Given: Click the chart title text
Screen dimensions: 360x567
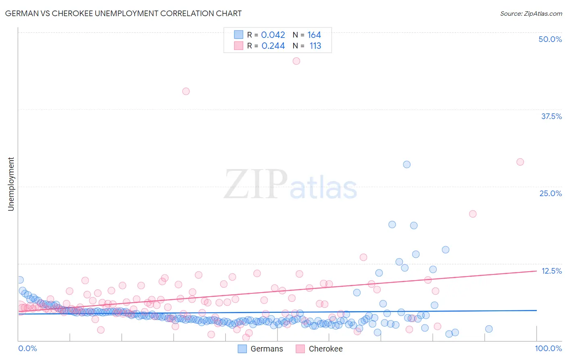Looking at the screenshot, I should coord(123,13).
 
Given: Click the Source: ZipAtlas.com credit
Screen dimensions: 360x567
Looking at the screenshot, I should coord(531,13).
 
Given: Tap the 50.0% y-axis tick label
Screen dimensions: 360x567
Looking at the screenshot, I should coord(550,39).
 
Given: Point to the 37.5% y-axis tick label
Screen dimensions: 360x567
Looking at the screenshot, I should coord(551,116).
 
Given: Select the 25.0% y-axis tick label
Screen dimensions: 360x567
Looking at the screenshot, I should coord(550,193).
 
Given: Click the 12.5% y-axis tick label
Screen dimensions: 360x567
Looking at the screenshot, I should coord(551,271).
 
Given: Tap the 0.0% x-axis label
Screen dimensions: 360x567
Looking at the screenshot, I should coord(27,348).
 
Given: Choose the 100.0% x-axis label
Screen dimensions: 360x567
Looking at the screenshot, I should coord(548,348).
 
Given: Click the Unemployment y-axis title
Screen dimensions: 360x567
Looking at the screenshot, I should coord(11,184).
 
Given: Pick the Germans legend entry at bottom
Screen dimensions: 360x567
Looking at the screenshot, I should coord(261,349).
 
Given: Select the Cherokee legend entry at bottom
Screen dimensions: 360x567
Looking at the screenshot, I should coord(319,349).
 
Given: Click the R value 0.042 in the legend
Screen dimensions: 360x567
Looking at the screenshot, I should coord(273,35).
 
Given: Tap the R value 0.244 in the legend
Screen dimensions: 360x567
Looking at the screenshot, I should coord(273,46).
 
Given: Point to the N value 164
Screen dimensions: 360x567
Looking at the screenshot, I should coord(314,35).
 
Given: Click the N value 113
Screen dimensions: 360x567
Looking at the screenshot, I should coord(315,46).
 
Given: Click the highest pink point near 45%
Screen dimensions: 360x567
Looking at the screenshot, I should coord(296,61).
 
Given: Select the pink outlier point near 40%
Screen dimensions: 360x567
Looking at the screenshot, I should coord(186,91).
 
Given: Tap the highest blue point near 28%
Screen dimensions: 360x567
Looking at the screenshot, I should coord(406,164).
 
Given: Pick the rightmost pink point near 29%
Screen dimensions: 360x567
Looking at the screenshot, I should coord(520,162).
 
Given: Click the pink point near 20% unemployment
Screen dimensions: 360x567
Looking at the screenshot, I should coord(473,214).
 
